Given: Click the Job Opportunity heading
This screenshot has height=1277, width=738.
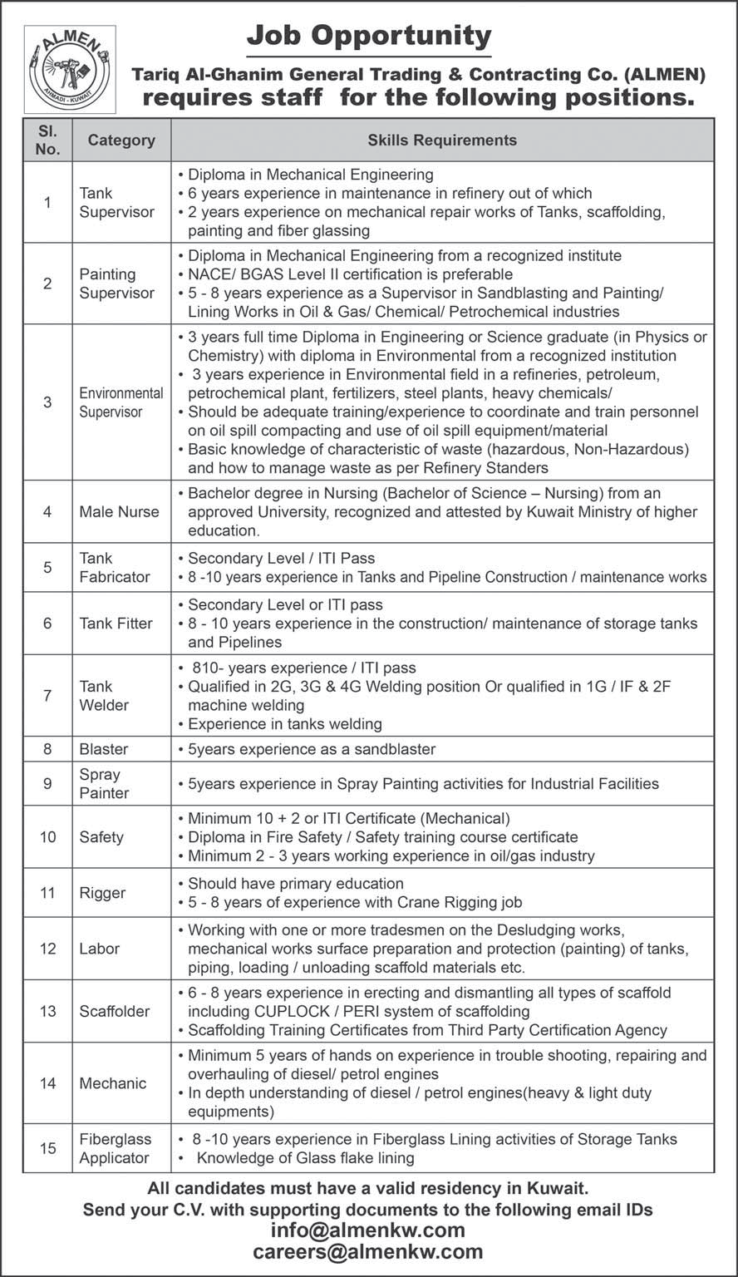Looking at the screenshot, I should point(369,36).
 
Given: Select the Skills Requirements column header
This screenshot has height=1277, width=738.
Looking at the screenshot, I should point(442,140).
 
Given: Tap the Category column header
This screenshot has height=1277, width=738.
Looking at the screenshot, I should point(121,140).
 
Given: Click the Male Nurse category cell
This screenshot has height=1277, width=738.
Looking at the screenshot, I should point(119,511).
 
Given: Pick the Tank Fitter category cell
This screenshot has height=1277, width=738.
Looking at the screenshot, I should point(116,624).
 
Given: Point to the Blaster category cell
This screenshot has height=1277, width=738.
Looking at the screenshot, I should point(104,749).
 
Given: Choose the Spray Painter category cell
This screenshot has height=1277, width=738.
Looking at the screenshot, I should point(105,783).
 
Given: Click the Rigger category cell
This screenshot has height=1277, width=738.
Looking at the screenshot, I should point(102,893).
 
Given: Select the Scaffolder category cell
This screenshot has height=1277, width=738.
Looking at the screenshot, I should point(115,1011).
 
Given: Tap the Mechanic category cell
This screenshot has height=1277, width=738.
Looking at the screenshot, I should point(113,1083).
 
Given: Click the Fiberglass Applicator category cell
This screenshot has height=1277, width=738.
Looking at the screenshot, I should point(115,1148).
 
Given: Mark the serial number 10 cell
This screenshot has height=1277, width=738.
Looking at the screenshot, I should point(48,836).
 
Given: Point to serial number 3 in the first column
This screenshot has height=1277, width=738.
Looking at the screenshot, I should point(48,402).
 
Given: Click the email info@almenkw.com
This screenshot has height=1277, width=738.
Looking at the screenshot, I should point(369,1230).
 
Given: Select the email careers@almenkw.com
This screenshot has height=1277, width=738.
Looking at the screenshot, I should point(369,1252).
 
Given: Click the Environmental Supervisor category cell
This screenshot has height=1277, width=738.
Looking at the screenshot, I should point(121,402).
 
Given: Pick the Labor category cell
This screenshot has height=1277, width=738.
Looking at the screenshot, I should point(100,949).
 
